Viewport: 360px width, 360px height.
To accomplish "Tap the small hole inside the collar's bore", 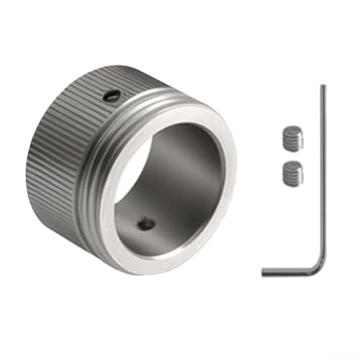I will tap(146, 224).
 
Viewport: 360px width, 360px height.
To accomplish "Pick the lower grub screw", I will tap(292, 172).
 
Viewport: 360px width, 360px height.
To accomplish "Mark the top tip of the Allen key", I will tap(323, 87).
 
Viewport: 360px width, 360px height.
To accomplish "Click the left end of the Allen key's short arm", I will tap(264, 271).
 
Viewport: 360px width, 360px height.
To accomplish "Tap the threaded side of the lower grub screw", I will tap(292, 177).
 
